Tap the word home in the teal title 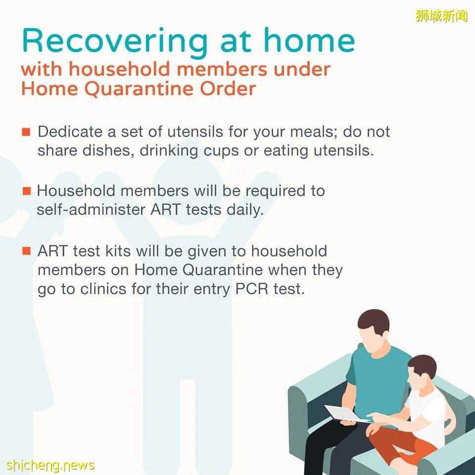tap(309, 40)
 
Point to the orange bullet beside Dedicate tap(26, 132)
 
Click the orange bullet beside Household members tap(27, 191)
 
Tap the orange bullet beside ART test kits tap(26, 251)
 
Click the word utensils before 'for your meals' tap(195, 132)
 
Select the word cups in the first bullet tap(221, 151)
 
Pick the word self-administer tap(91, 209)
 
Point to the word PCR tap(252, 289)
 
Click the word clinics tap(103, 288)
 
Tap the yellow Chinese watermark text tap(442, 16)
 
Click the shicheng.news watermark tap(50, 465)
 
